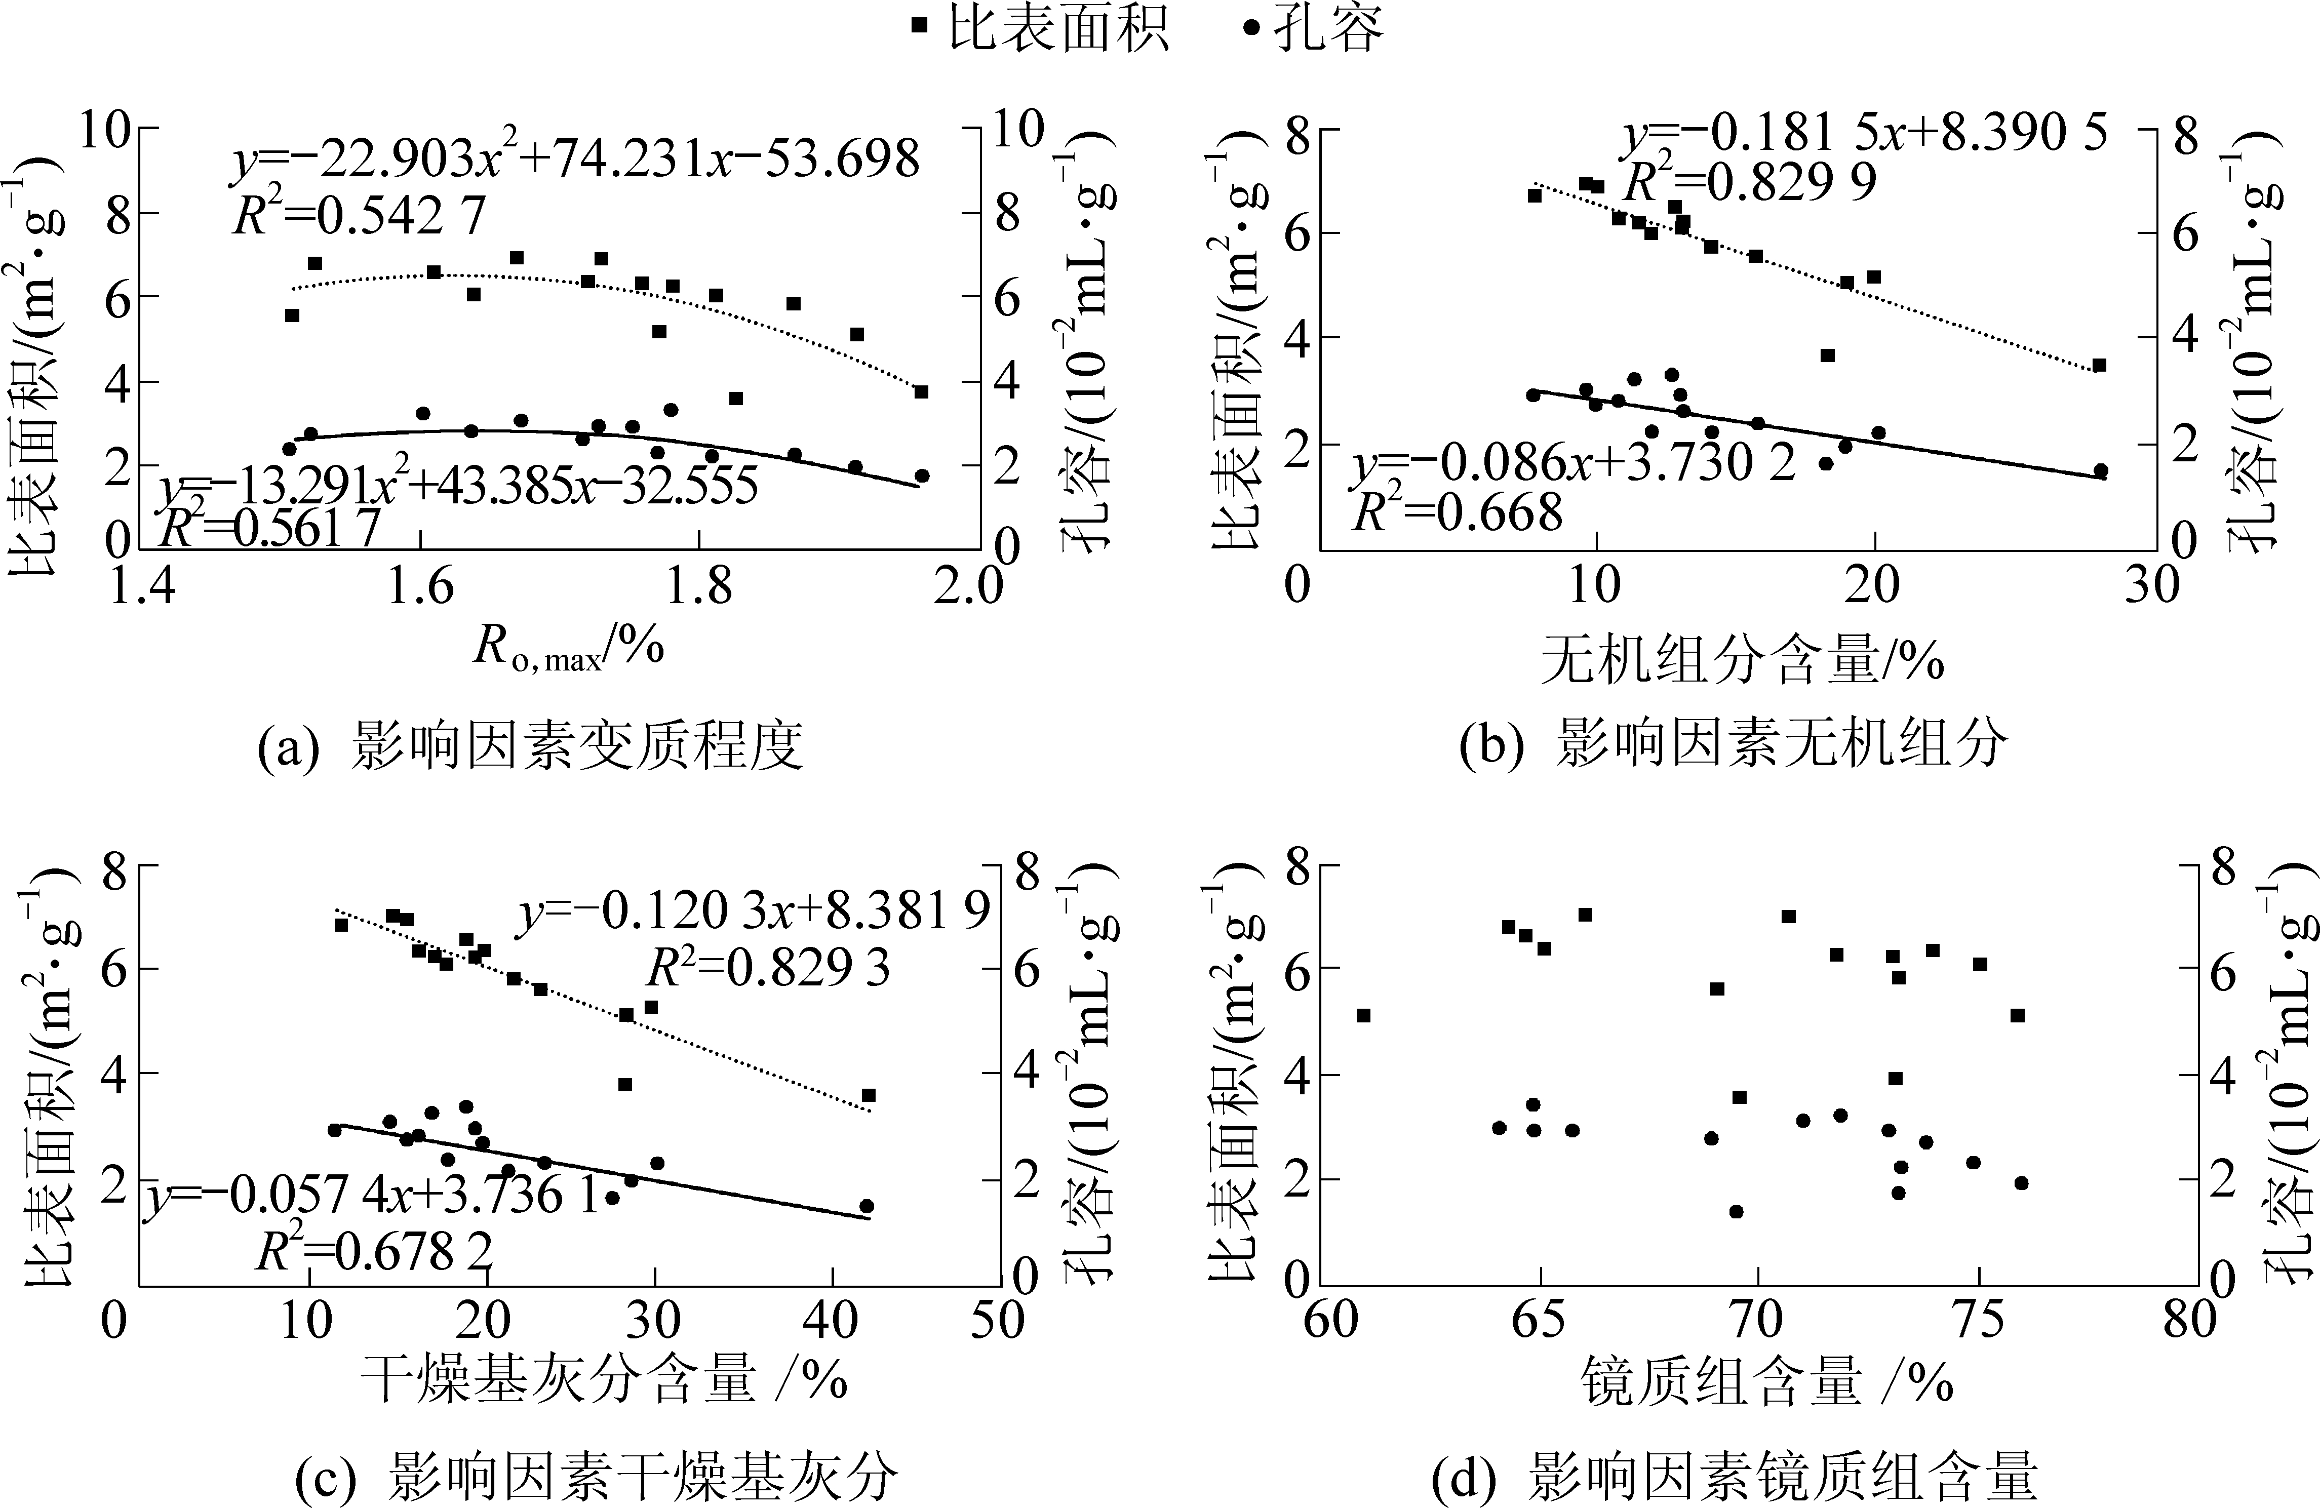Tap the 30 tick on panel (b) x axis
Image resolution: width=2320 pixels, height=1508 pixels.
(2152, 585)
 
